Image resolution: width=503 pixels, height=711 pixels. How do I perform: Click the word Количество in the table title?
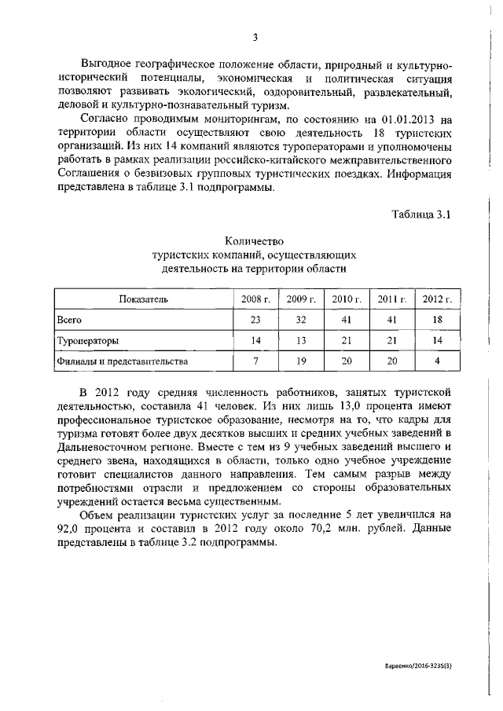(254, 240)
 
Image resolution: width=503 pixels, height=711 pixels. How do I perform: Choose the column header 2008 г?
(255, 299)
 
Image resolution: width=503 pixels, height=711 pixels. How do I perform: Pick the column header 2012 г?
(437, 299)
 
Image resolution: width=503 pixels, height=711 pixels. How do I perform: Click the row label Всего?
(69, 321)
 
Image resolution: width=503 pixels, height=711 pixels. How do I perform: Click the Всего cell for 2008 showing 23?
(255, 321)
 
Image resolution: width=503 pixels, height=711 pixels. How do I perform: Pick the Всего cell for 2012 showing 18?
(437, 321)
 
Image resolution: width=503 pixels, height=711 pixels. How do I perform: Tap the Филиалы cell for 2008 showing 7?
(255, 361)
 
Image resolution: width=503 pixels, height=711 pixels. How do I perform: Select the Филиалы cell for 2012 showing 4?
(437, 361)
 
